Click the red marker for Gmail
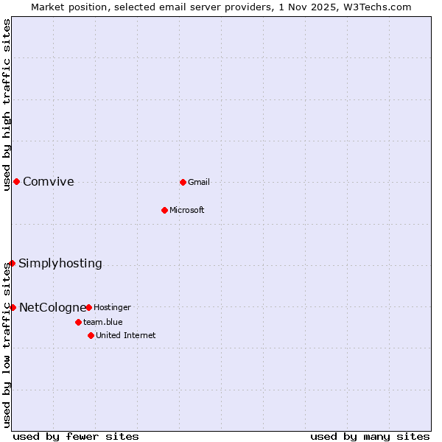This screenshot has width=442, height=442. coord(183,182)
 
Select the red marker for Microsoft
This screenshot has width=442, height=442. coord(165,210)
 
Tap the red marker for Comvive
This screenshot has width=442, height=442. coord(16,182)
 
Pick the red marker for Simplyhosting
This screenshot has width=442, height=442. coord(12,263)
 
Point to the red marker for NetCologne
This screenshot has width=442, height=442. coord(13,307)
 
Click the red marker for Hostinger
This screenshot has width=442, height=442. coord(88,307)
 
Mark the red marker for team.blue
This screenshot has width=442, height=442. coord(78,322)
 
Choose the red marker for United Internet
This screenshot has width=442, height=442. coord(91,335)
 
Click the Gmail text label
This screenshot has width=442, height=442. coord(199,182)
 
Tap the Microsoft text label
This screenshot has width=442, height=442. coord(187,210)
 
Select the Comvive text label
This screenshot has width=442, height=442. coord(49,182)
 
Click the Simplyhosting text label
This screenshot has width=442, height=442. coord(60,264)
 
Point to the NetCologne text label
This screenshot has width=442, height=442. coord(52,308)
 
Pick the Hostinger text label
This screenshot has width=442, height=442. coord(112,307)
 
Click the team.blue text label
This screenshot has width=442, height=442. coord(103,322)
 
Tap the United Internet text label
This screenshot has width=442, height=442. coord(126,335)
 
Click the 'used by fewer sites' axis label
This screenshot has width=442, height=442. coord(76,436)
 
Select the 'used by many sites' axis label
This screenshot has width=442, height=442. coord(370,436)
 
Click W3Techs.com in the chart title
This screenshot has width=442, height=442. coord(376,7)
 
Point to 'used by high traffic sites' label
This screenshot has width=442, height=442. coord(7,105)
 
